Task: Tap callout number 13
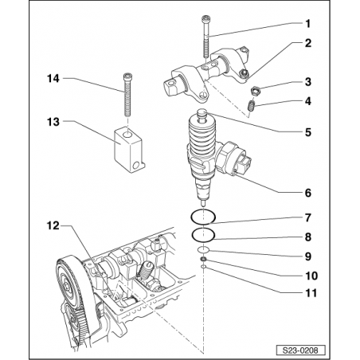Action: tap(53, 123)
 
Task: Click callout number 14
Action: tap(53, 78)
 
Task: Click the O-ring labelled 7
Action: tap(205, 216)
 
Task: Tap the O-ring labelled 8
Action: tap(205, 233)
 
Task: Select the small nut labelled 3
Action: tap(257, 90)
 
